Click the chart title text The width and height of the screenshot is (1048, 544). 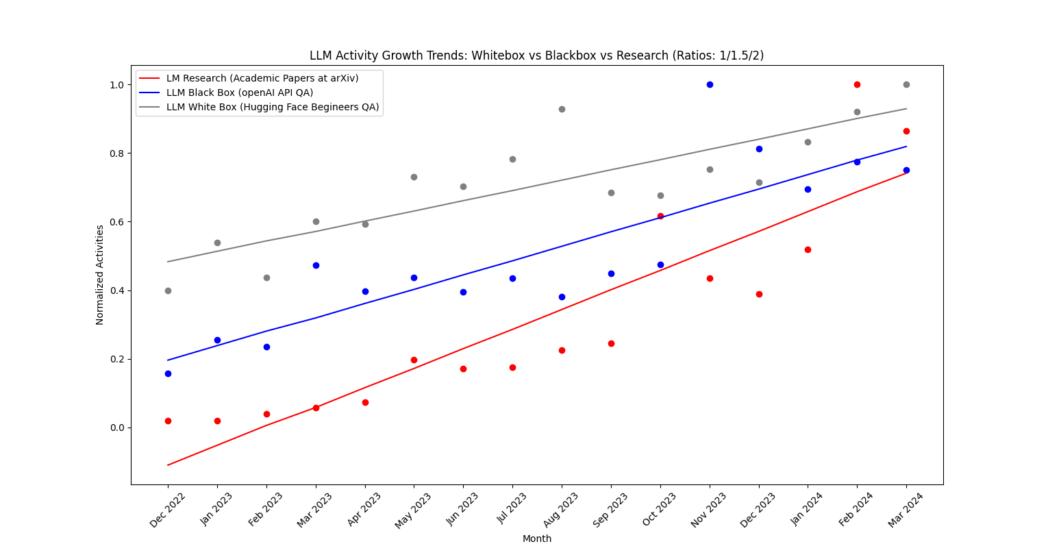click(x=536, y=55)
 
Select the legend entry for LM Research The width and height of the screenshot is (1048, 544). click(x=262, y=79)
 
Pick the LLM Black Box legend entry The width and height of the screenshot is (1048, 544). click(x=240, y=93)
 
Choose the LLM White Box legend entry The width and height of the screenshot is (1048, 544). click(x=273, y=108)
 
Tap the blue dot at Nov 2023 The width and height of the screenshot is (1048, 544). click(x=710, y=85)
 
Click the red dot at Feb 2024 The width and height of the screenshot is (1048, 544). click(x=857, y=85)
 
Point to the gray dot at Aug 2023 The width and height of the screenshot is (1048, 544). click(x=562, y=110)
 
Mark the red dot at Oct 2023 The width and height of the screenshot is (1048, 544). click(x=660, y=217)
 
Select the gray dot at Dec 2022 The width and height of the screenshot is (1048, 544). click(x=168, y=291)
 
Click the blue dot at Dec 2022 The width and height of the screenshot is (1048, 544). click(x=168, y=374)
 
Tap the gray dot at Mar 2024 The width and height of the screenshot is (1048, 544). click(x=906, y=85)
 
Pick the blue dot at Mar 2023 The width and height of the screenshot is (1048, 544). click(x=316, y=266)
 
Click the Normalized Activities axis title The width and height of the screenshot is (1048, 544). click(x=100, y=275)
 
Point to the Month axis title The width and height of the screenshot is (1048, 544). click(x=537, y=539)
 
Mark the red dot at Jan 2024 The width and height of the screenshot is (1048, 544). click(x=808, y=250)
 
